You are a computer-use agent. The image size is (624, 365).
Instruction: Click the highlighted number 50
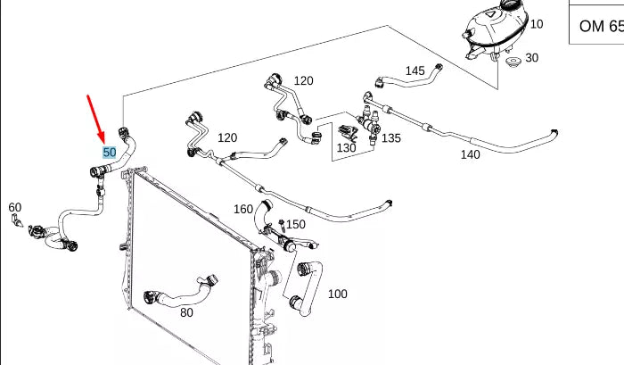coord(110,153)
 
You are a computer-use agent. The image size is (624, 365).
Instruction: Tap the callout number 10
coord(537,24)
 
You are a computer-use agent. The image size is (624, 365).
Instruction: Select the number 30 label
coord(531,58)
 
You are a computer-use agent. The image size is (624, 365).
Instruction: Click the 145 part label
coord(415,71)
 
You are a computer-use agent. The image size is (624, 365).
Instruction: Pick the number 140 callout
coord(470,154)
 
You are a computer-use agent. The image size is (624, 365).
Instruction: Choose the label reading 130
coord(346,147)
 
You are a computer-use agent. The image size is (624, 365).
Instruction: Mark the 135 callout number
coord(391,138)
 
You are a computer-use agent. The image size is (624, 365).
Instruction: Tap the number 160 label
coord(243,210)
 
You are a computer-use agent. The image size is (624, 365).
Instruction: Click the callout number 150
coord(295,224)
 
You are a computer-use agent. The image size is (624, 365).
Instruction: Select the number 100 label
coord(338,294)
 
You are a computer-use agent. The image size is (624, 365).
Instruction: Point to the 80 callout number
coord(186,312)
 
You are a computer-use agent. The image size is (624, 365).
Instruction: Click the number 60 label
coord(14,207)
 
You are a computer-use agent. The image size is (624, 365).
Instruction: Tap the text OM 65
coord(598,26)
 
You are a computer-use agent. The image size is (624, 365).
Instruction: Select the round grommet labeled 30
coord(512,63)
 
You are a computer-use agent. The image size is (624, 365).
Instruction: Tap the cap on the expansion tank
coord(511,7)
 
